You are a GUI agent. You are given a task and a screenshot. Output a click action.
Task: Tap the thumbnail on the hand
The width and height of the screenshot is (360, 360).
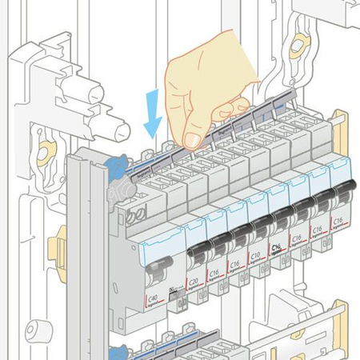click(192, 140)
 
